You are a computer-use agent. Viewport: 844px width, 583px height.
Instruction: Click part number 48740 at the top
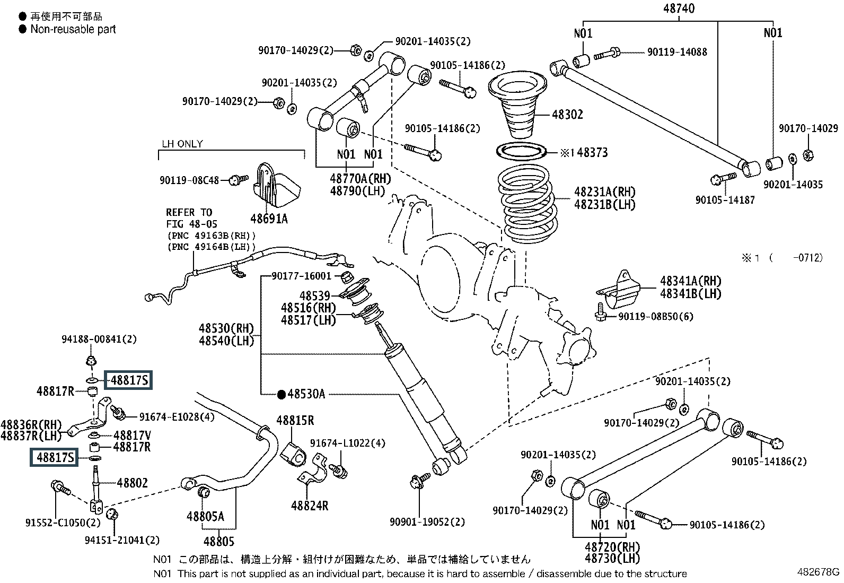pos(679,8)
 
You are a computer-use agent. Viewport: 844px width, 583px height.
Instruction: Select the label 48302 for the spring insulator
pos(567,115)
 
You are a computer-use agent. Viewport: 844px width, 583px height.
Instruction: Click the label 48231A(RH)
pos(604,192)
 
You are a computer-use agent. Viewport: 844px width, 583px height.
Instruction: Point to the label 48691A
pos(269,218)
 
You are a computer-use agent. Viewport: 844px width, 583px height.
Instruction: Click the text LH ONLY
pos(182,144)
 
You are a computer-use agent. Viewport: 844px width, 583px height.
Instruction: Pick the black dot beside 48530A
pos(282,394)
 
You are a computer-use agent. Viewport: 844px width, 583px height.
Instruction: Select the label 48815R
pos(295,421)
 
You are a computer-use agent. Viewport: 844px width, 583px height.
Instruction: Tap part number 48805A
pos(205,516)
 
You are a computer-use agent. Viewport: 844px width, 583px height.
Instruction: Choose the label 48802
pos(132,483)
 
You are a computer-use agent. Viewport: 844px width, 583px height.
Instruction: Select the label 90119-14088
pos(677,52)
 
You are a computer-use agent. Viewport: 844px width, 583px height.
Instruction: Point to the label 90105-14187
pos(725,200)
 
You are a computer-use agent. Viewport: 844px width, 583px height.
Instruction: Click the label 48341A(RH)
pos(690,281)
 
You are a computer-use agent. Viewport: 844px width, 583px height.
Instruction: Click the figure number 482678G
pos(819,572)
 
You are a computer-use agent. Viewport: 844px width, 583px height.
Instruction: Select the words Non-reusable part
pos(73,30)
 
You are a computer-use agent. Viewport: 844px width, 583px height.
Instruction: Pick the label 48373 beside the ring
pos(592,153)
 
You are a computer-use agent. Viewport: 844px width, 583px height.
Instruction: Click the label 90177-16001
pos(301,276)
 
